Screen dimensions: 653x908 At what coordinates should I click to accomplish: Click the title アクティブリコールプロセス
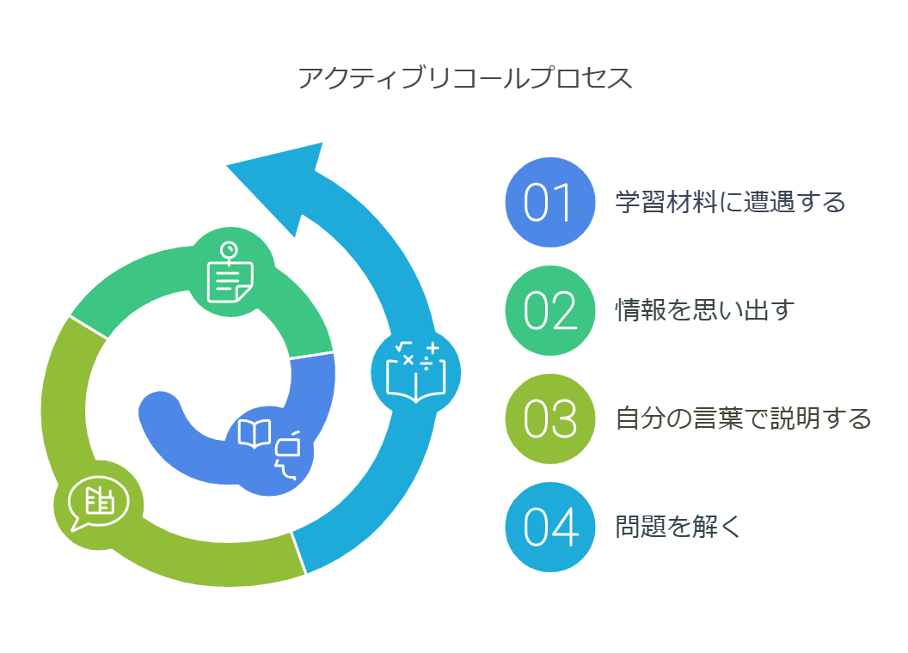pyautogui.click(x=465, y=77)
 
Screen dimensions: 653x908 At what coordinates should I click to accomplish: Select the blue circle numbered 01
pyautogui.click(x=549, y=202)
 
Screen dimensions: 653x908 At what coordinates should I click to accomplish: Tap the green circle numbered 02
pyautogui.click(x=549, y=310)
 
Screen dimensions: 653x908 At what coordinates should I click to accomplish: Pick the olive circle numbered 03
pyautogui.click(x=549, y=418)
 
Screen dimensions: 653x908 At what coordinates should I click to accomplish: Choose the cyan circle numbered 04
pyautogui.click(x=549, y=527)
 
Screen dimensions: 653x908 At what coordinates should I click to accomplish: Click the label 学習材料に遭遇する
pyautogui.click(x=730, y=203)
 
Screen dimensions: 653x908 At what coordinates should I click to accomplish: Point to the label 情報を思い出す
pyautogui.click(x=704, y=310)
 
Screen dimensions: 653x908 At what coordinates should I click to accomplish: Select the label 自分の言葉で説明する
pyautogui.click(x=743, y=419)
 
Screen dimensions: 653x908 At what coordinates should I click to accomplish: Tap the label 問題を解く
pyautogui.click(x=678, y=527)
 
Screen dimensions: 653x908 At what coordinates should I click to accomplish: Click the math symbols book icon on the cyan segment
pyautogui.click(x=416, y=372)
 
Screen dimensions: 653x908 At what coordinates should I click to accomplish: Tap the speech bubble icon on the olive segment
pyautogui.click(x=97, y=502)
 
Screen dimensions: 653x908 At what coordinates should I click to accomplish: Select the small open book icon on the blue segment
pyautogui.click(x=255, y=433)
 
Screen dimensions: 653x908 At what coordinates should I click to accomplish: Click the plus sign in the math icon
pyautogui.click(x=432, y=348)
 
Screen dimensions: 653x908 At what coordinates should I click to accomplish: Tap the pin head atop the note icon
pyautogui.click(x=229, y=250)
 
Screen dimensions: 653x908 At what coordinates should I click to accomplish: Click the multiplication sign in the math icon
pyautogui.click(x=408, y=360)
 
